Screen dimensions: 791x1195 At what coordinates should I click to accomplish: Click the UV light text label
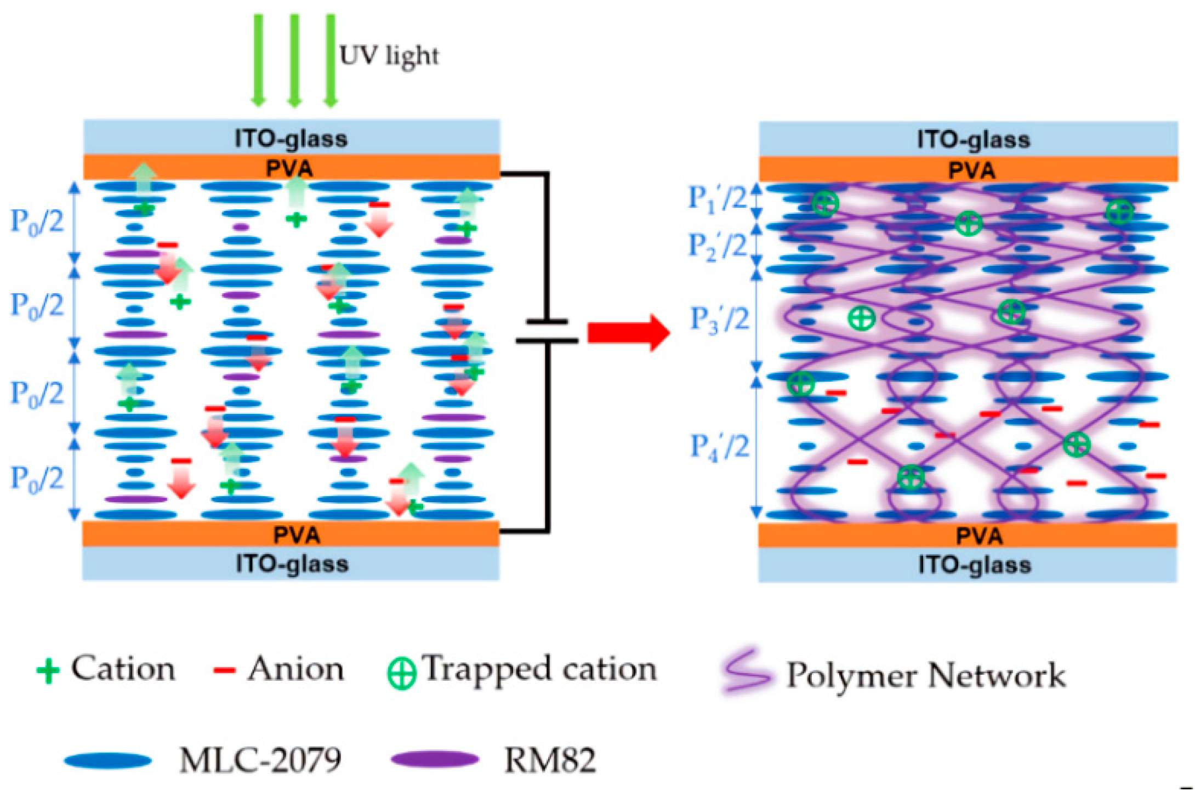pos(389,56)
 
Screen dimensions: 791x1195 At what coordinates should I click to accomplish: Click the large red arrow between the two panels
pos(628,332)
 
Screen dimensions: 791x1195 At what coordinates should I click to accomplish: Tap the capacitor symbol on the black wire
pos(547,331)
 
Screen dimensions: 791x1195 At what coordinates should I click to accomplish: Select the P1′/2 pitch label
pos(717,198)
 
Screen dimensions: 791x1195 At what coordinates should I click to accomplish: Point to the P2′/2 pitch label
pos(717,246)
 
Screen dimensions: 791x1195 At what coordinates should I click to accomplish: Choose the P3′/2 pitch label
pos(719,320)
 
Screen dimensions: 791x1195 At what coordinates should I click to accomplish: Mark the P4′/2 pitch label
pos(719,447)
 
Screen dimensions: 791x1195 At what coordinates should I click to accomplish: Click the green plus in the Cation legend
pos(48,670)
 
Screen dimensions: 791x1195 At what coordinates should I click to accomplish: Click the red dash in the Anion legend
pos(224,670)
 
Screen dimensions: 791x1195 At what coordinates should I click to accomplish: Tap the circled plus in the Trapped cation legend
pos(401,674)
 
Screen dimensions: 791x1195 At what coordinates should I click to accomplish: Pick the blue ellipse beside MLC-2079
pos(108,761)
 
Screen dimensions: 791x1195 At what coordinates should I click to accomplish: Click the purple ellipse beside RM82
pos(435,760)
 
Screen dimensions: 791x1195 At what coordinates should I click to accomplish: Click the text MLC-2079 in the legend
pos(260,760)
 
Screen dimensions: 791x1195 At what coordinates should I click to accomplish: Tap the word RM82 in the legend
pos(550,760)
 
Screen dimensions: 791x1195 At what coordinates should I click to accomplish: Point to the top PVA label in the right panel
pos(971,170)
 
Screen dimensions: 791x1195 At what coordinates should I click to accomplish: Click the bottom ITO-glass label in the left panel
pos(292,564)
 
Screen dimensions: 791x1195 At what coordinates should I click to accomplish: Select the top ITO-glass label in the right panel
pos(974,140)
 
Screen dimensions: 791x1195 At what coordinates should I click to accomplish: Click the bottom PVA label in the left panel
pos(297,535)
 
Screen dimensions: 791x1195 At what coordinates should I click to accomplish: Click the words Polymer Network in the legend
pos(926,675)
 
